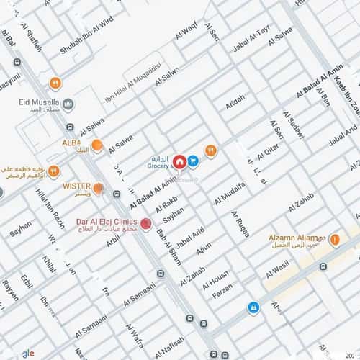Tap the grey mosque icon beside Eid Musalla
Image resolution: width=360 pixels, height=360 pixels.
coord(68,104)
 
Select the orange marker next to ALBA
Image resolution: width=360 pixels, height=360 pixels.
coord(96,145)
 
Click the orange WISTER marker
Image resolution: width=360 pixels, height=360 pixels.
coord(99,189)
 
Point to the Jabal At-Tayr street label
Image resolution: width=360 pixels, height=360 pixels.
coord(251,40)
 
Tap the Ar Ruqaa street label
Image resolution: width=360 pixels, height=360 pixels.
coord(240,224)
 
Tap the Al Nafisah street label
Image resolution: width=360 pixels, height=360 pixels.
coord(169,341)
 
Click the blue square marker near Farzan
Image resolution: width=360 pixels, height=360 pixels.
coord(253,307)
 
